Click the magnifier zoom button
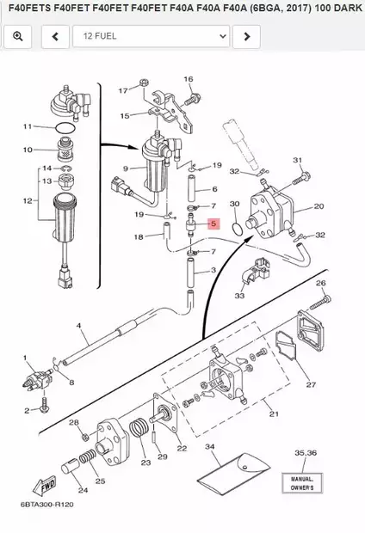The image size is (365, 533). click(x=17, y=36)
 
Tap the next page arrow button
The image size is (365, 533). click(x=246, y=36)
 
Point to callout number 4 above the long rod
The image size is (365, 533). click(x=78, y=326)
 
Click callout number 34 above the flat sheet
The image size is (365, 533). click(x=209, y=447)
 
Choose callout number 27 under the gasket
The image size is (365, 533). click(x=312, y=384)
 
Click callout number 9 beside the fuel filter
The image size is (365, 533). click(x=126, y=168)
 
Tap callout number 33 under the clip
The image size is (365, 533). click(x=238, y=296)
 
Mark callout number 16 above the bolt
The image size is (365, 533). click(x=188, y=79)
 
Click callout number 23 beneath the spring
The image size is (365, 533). click(x=145, y=463)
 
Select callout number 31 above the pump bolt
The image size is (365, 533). click(x=298, y=160)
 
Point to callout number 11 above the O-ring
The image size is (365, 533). click(x=27, y=126)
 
